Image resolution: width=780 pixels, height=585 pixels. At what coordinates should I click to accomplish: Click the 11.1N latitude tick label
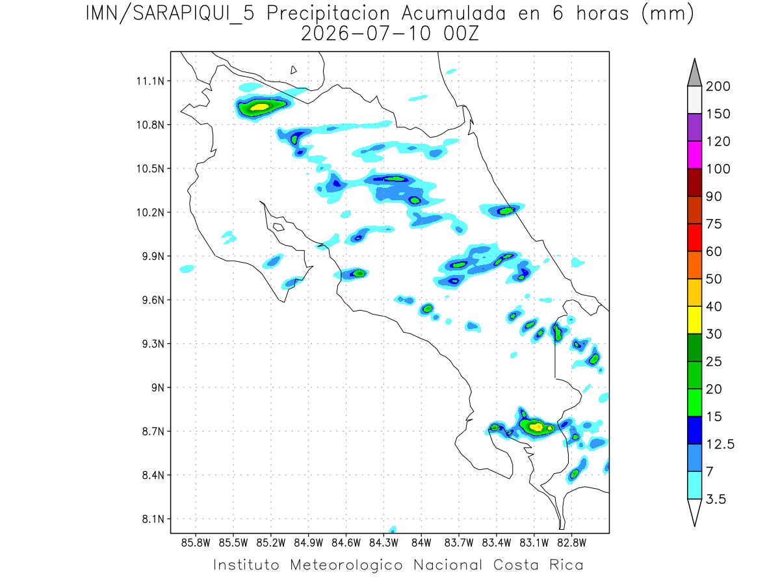tap(150, 81)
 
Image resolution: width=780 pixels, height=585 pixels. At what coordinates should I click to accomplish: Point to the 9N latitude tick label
tap(158, 387)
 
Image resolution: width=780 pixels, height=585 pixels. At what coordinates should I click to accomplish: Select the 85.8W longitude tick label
tap(196, 543)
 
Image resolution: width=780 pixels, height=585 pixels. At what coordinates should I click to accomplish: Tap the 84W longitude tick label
tap(421, 543)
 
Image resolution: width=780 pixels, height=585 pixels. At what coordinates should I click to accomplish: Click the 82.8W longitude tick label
tap(571, 543)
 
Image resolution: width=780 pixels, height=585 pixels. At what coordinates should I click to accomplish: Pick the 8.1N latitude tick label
tap(153, 519)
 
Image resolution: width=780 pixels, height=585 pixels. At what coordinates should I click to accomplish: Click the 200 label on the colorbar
tap(718, 86)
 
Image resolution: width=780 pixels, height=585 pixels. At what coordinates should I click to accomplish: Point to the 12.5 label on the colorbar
tap(720, 444)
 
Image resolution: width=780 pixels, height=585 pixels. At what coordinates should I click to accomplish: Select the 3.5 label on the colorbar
tap(716, 499)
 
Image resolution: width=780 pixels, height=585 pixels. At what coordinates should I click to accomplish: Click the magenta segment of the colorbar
tap(694, 155)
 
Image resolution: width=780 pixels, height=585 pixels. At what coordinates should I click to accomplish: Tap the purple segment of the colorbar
tap(694, 127)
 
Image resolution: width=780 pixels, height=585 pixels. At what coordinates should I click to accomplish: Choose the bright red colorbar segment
tap(694, 238)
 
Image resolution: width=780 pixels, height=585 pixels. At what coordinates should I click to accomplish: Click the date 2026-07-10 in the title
tap(366, 34)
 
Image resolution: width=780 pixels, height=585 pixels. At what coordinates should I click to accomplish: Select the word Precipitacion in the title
tap(328, 14)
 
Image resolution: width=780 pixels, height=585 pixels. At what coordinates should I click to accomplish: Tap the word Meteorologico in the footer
tap(346, 565)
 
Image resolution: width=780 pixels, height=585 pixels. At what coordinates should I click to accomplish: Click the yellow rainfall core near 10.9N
tap(260, 107)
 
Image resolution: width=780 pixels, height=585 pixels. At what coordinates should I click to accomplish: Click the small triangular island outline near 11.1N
tap(293, 70)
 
